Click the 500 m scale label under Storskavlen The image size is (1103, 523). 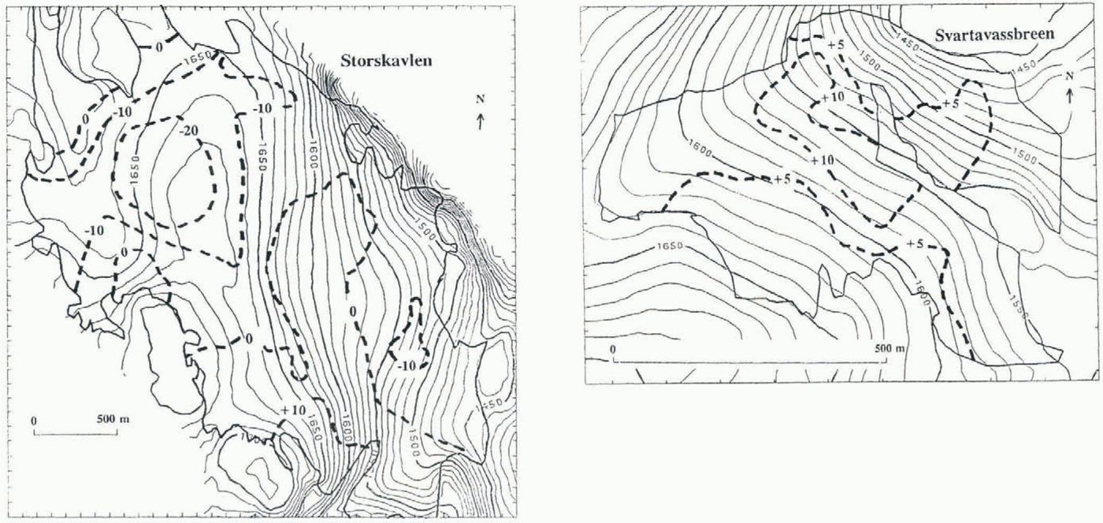tap(113, 418)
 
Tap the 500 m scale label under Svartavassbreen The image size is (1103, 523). tap(888, 349)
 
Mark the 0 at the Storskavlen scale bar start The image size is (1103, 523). tap(34, 420)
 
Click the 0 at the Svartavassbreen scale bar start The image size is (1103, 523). tap(613, 349)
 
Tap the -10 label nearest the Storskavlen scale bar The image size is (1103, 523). tap(95, 230)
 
